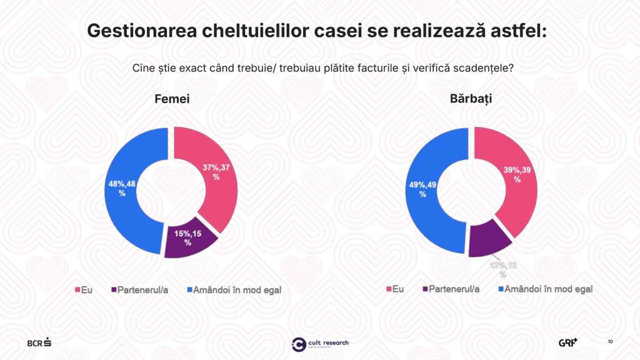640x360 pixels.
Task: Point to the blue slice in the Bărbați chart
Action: (425, 206)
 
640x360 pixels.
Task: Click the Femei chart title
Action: (172, 99)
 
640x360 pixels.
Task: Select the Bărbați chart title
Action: (471, 99)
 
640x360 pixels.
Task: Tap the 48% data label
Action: (122, 188)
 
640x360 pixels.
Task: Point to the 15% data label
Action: (187, 237)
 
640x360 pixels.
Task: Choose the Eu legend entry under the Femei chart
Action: (84, 290)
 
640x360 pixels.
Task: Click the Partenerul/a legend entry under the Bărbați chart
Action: (450, 289)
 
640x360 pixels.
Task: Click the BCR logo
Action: (39, 342)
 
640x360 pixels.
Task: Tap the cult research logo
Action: (320, 343)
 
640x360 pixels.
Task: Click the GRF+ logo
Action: (568, 342)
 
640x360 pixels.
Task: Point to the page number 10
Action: (610, 341)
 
